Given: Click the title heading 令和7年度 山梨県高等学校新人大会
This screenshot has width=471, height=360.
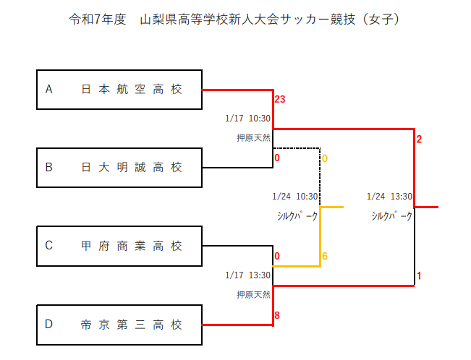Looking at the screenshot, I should tap(234, 20).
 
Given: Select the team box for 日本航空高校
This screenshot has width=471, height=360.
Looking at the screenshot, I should tap(119, 90).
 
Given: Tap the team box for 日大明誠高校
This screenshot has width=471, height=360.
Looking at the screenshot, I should tap(119, 168).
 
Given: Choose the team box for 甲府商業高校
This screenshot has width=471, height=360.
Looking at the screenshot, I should tap(119, 246).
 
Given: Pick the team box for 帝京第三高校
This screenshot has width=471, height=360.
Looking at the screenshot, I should tap(119, 325).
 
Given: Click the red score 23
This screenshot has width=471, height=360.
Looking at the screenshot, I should tap(281, 99).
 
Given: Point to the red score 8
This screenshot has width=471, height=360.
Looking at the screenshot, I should tap(277, 315).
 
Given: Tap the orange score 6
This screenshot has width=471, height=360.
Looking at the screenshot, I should tap(326, 257).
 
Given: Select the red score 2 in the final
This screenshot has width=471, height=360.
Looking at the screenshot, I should tap(419, 139).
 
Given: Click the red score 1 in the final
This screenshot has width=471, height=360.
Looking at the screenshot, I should tap(419, 275).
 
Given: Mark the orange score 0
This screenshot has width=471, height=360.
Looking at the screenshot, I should tap(326, 158).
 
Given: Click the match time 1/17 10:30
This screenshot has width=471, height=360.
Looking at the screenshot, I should tap(247, 119).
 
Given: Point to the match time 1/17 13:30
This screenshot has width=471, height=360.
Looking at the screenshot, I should tap(247, 275).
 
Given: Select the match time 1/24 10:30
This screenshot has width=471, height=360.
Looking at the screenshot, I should tap(295, 197).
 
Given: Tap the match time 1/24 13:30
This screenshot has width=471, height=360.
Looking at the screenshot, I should tap(389, 197).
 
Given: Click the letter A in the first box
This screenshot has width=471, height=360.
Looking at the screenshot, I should tap(49, 90).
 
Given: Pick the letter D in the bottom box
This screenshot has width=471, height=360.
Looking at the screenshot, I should tap(49, 325).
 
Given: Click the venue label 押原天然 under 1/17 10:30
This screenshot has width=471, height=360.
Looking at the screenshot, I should tap(253, 137).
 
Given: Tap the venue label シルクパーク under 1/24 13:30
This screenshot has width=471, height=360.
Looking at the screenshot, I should tap(391, 215).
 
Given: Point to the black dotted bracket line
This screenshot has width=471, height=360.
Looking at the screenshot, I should tap(320, 173).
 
